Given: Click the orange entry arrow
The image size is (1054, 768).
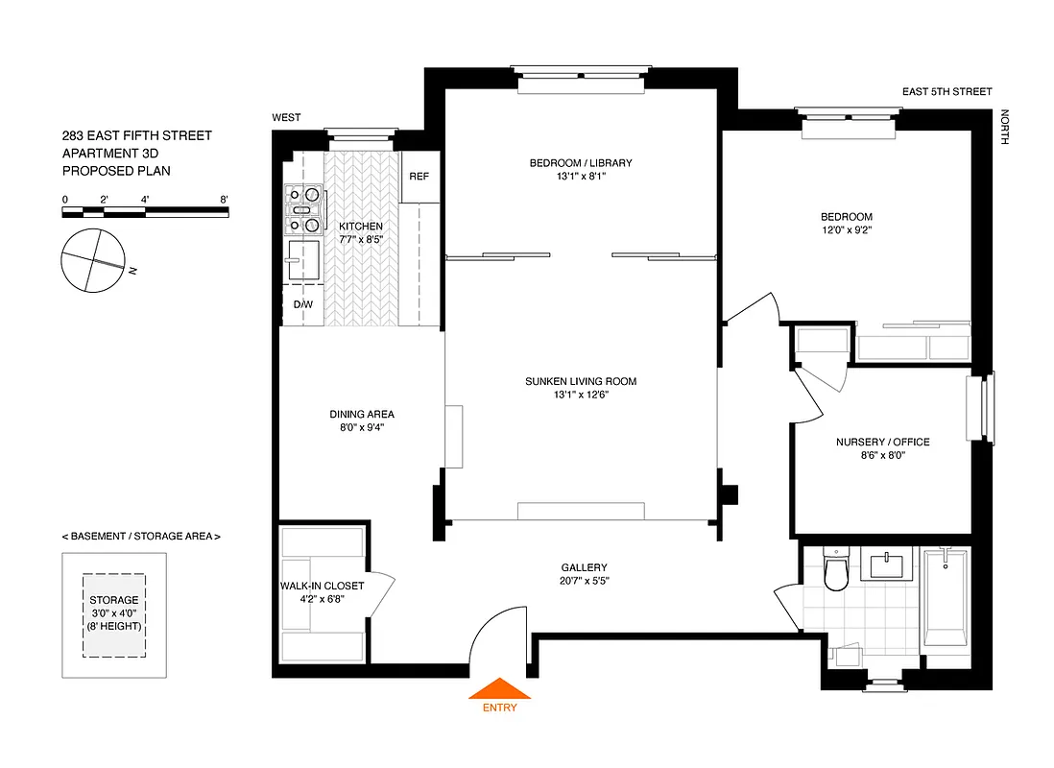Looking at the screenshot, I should [x=498, y=688].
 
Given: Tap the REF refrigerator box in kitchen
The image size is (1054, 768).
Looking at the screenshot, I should [x=419, y=178].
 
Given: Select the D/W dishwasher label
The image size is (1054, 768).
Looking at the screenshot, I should [x=302, y=304].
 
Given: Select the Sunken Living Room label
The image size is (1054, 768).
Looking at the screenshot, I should [x=580, y=381].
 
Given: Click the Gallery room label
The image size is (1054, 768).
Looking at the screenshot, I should [x=584, y=567].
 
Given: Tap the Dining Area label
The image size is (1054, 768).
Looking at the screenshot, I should [x=362, y=415].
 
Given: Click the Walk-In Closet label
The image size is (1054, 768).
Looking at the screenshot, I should [x=322, y=585].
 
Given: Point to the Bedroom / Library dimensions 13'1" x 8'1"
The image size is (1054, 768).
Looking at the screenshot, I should [x=580, y=177].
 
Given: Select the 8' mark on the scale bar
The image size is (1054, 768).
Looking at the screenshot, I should [x=224, y=200].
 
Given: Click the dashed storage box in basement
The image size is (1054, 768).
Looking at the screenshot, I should [x=113, y=615].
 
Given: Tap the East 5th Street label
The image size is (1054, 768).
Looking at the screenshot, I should [x=946, y=92].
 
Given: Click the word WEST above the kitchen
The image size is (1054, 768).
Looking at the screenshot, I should [x=286, y=117].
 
